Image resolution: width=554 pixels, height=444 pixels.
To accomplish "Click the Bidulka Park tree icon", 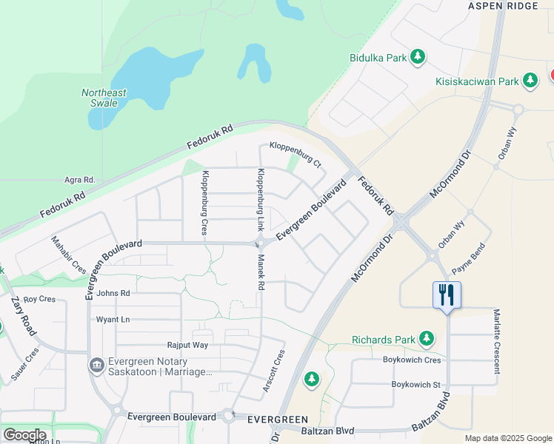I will point(418,56).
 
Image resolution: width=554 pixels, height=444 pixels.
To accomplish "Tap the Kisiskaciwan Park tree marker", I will point(530,80).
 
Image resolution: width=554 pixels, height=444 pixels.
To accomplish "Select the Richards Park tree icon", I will point(426,339).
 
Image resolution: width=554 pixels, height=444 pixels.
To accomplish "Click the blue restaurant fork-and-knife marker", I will point(447,295).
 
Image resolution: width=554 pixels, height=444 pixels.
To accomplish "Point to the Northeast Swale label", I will point(104,98).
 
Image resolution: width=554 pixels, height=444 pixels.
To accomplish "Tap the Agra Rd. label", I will point(80,180).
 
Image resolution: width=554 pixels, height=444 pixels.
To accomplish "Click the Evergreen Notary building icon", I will point(96,366).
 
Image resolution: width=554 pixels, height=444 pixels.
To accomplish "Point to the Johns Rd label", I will point(113,294).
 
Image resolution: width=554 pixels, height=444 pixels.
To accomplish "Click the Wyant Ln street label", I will point(113,320).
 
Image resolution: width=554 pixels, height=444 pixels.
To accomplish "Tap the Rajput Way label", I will point(187,346).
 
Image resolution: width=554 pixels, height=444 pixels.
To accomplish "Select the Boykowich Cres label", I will point(411,360).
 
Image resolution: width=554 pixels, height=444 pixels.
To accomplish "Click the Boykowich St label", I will point(415,385).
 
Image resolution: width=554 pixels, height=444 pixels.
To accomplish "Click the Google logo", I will point(24,435).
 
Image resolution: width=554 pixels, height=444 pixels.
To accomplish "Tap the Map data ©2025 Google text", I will point(507,438).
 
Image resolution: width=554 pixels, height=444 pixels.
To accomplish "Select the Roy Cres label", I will point(39,300).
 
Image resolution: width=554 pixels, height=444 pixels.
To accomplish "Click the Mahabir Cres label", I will point(68,255).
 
